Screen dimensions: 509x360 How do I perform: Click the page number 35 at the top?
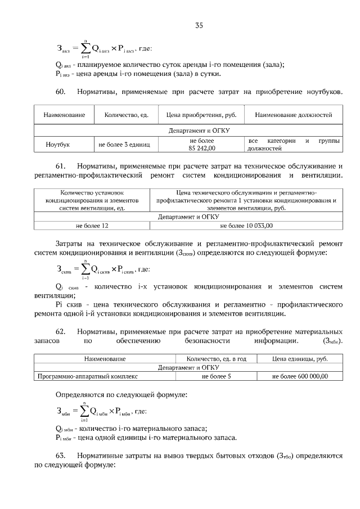(199, 25)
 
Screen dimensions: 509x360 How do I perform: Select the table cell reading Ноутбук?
(57, 145)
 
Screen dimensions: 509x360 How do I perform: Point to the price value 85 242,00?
(202, 148)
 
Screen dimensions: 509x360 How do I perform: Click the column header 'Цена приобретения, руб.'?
(201, 115)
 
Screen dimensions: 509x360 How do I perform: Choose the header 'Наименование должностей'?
(293, 115)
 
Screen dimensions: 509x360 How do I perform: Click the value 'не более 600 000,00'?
(300, 377)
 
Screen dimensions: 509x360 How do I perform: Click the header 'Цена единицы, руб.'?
(300, 358)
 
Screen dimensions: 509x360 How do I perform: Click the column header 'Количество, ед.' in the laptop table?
(126, 115)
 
